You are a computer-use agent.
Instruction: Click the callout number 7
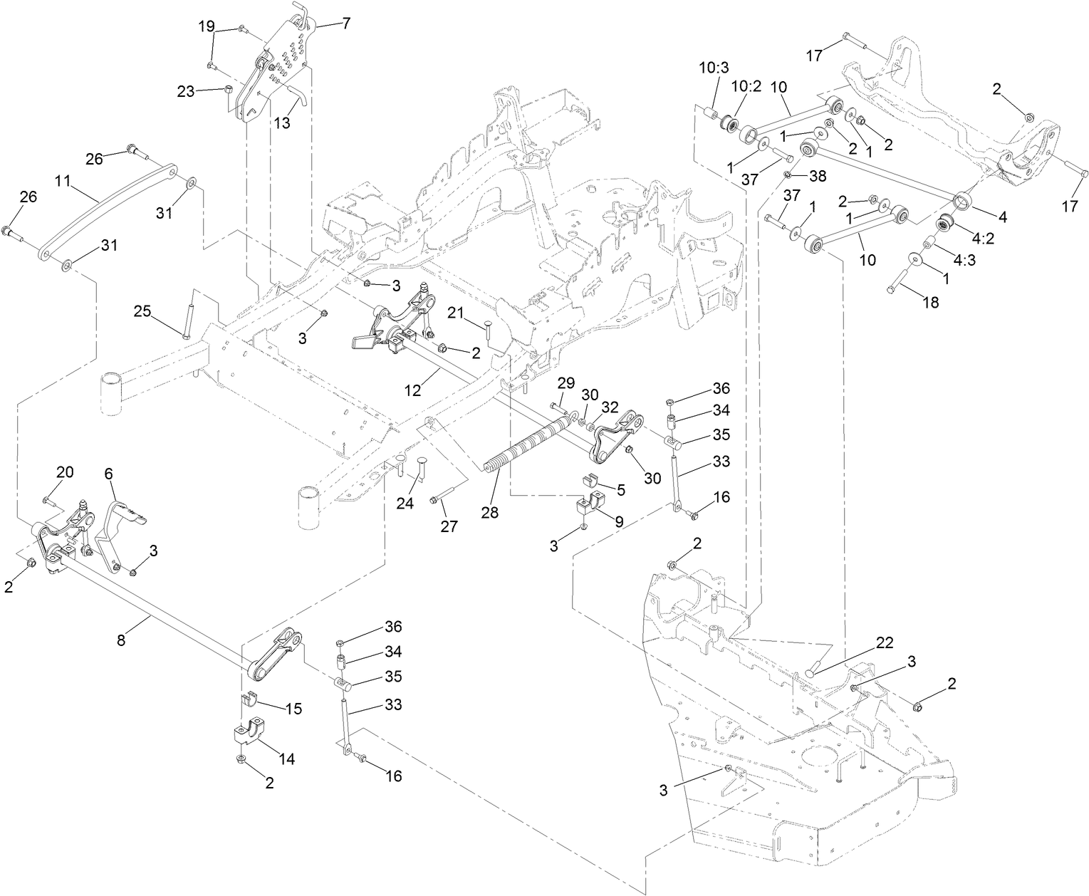(345, 23)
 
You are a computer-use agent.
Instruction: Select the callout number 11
(63, 181)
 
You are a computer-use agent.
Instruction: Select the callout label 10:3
(714, 68)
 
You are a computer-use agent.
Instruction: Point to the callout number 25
(142, 311)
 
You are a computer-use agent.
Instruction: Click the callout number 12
(412, 390)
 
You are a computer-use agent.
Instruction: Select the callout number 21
(456, 313)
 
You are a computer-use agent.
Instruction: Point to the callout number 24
(405, 504)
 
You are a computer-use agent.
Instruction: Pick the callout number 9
(619, 521)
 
